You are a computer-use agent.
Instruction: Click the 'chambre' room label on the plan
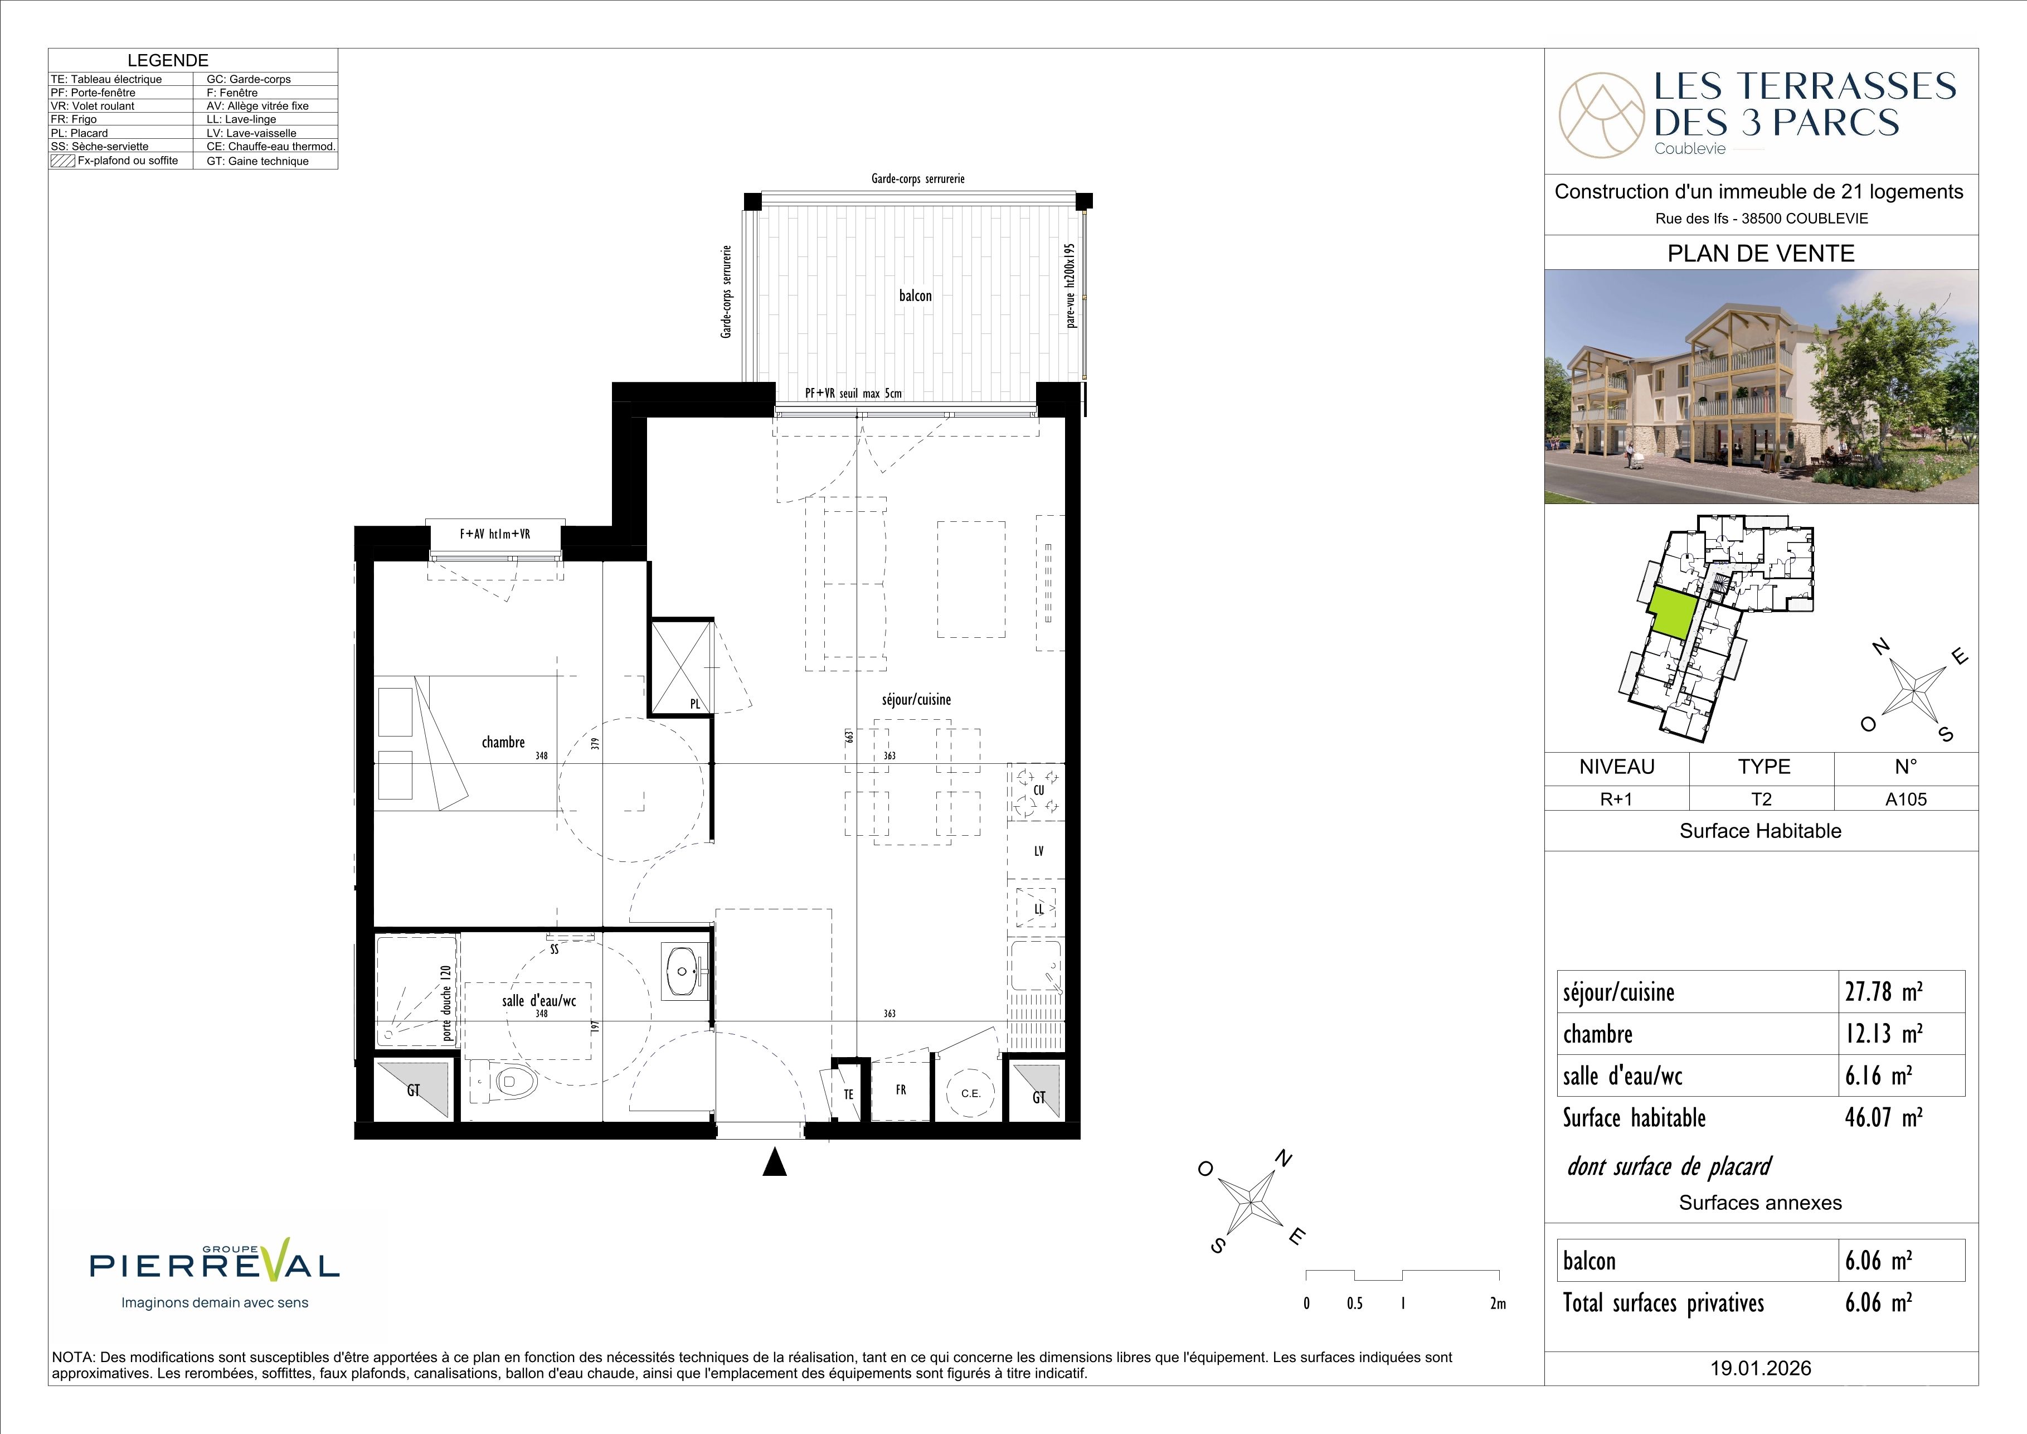pos(503,743)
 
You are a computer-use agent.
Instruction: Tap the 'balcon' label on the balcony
pos(916,296)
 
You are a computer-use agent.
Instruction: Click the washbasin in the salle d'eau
pos(685,972)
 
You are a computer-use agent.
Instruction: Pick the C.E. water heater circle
pos(970,1093)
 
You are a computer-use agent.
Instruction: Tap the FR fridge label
pos(901,1089)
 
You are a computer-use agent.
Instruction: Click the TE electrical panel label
pos(848,1094)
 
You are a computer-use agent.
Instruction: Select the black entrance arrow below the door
pos(774,1162)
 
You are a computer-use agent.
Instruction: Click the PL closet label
pos(695,704)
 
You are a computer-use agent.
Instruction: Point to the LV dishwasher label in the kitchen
pos(1039,851)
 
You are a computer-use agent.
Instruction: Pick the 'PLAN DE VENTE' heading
pos(1761,254)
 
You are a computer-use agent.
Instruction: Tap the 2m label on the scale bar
pos(1498,1304)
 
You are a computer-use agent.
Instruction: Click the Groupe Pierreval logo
pos(215,1276)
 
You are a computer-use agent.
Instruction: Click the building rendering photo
pos(1761,387)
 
